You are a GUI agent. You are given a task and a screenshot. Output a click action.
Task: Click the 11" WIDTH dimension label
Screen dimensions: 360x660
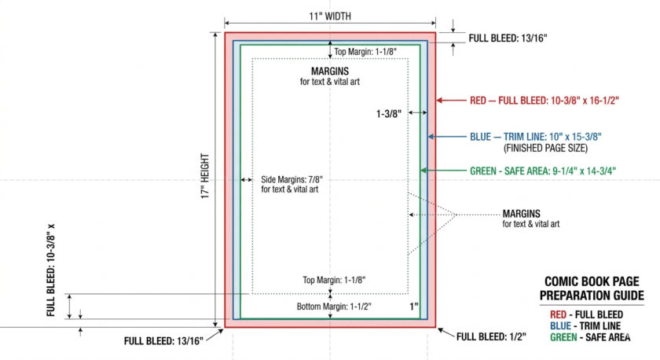pyautogui.click(x=329, y=15)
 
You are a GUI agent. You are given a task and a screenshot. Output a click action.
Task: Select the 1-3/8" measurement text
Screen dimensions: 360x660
pyautogui.click(x=389, y=114)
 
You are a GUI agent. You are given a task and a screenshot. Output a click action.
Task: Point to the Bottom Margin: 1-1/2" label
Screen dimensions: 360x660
pyautogui.click(x=333, y=306)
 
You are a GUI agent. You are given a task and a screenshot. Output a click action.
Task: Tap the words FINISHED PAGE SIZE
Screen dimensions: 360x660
pyautogui.click(x=544, y=147)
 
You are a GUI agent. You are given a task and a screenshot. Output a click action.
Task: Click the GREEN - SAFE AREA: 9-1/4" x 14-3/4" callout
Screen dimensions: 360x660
pyautogui.click(x=542, y=170)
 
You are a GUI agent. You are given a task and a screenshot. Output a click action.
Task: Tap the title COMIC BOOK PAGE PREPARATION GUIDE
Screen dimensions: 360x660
pyautogui.click(x=592, y=288)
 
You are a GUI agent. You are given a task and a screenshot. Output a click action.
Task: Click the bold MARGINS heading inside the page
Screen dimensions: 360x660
pyautogui.click(x=330, y=71)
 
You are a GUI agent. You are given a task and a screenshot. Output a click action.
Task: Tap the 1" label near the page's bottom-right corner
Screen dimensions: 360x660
pyautogui.click(x=414, y=306)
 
